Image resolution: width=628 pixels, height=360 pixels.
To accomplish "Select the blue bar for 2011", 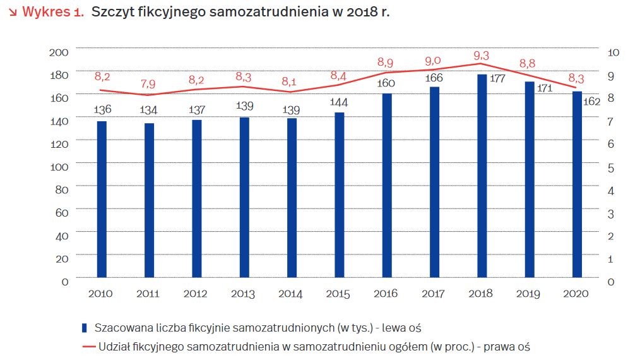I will point(149,200).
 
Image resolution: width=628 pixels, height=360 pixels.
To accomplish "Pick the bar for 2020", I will point(577,184).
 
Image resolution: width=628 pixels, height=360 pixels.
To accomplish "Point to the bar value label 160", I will point(386,83).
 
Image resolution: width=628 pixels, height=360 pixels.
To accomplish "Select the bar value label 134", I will point(149,111).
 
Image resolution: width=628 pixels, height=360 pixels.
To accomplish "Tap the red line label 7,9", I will point(149,83).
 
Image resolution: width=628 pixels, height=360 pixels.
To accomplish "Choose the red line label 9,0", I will point(434,61).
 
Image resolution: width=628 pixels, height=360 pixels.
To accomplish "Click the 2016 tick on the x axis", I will point(386,294).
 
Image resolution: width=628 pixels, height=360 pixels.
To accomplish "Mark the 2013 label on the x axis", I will point(244,294).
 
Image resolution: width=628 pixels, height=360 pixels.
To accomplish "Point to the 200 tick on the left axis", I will point(58,52).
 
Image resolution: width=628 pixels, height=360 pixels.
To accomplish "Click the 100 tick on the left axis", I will point(58,167).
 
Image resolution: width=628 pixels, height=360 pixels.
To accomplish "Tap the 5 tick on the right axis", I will point(610,167).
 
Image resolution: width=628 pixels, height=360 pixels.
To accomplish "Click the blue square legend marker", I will point(85,328).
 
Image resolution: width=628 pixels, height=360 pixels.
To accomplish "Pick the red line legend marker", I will point(88,347).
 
